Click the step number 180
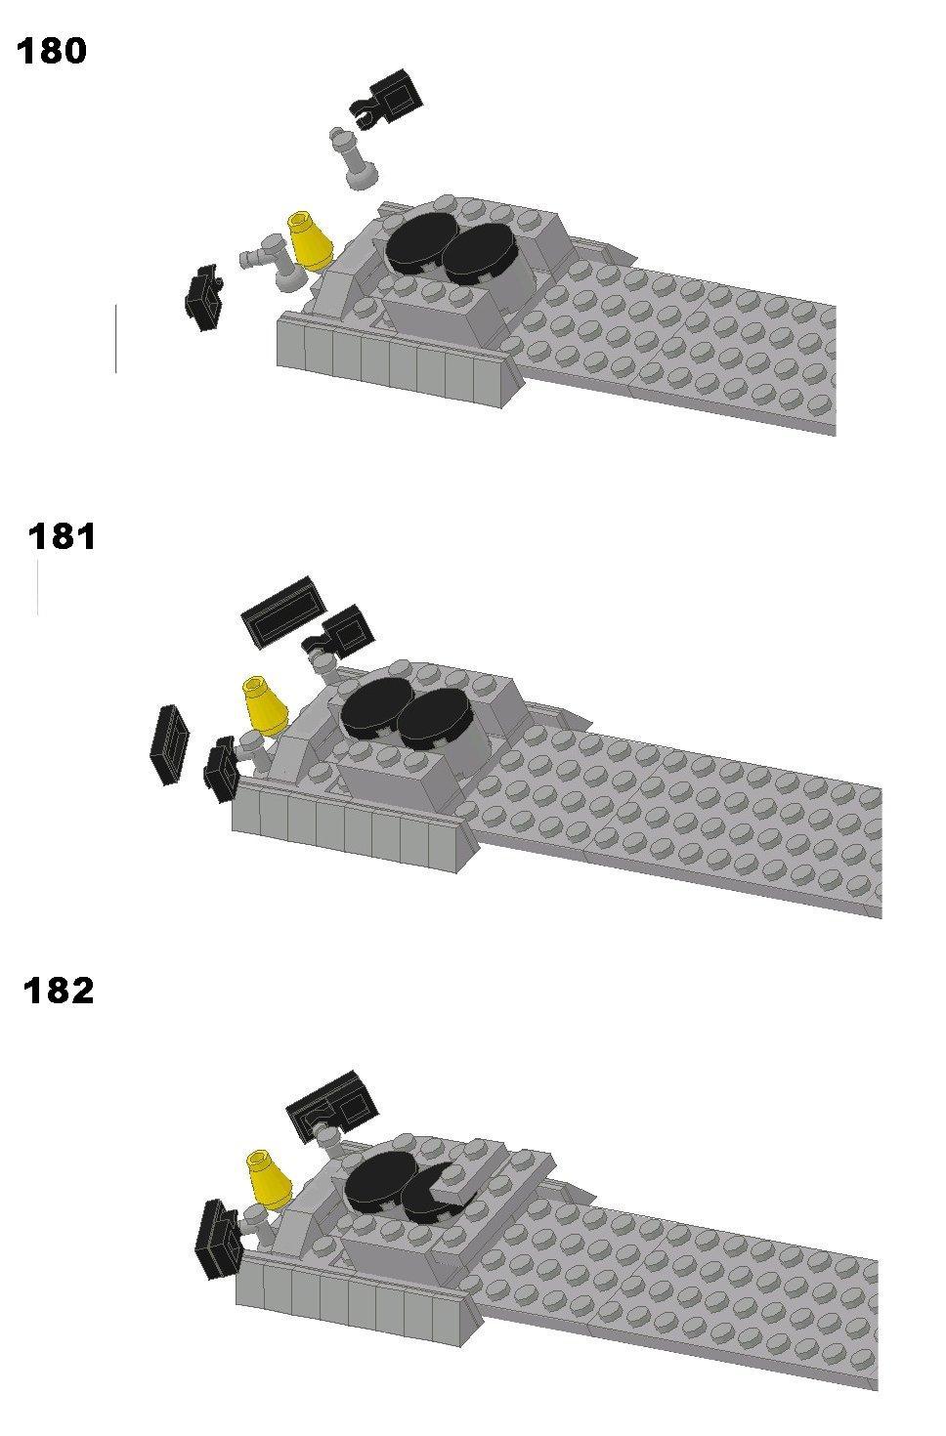52,51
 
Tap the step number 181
62,536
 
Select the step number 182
59,991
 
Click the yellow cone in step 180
310,241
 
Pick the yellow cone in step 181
265,705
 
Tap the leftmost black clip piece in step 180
203,298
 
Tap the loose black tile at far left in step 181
170,746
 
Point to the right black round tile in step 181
434,719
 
